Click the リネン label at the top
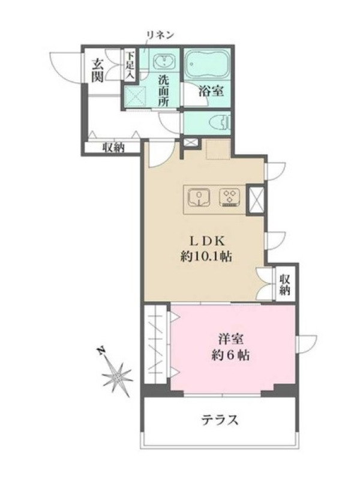(x=160, y=35)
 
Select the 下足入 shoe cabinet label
(x=131, y=65)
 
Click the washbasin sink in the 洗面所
(x=165, y=61)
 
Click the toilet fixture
(x=220, y=123)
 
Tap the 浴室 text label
(x=211, y=91)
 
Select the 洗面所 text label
(x=163, y=91)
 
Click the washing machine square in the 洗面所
(x=137, y=95)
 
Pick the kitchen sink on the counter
(x=199, y=197)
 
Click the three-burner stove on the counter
(x=230, y=197)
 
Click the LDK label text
(x=208, y=241)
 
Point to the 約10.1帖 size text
(x=205, y=257)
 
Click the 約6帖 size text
(x=230, y=355)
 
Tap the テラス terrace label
(x=220, y=419)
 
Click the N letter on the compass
(x=100, y=351)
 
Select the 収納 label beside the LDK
(x=284, y=284)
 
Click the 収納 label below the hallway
(x=113, y=148)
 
